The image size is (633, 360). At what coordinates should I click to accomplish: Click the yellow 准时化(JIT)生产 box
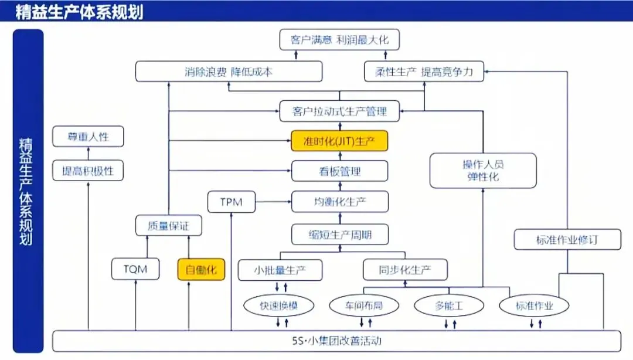[x=339, y=141]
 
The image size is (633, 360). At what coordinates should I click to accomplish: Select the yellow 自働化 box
[x=201, y=270]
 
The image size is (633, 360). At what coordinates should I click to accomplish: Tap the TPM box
[x=232, y=202]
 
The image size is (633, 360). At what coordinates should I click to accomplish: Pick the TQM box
[x=135, y=270]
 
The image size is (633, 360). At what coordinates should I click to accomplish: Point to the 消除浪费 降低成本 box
[x=229, y=72]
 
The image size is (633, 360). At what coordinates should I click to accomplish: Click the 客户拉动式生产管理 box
[x=339, y=111]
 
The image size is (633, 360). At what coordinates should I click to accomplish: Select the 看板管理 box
[x=339, y=171]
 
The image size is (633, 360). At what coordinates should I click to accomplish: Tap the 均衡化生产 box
[x=339, y=202]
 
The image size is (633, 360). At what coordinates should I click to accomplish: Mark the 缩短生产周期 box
[x=339, y=235]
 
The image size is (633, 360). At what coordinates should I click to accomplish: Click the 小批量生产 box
[x=280, y=270]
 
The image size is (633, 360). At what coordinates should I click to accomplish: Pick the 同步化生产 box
[x=405, y=270]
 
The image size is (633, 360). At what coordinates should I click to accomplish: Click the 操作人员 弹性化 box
[x=483, y=171]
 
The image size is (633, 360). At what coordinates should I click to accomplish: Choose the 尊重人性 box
[x=89, y=137]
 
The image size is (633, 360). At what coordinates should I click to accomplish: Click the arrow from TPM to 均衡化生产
[x=274, y=202]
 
